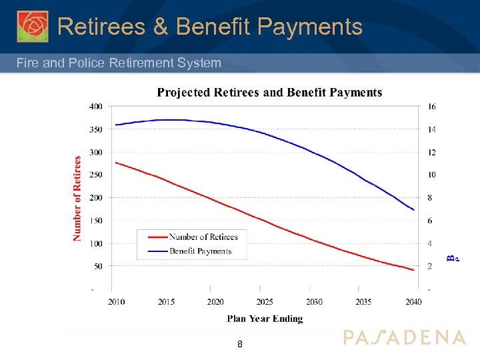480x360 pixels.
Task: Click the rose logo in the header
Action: point(33,26)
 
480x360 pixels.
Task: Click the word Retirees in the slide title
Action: point(111,27)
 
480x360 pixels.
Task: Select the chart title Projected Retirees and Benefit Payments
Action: point(269,93)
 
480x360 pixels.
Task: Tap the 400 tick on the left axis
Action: point(96,107)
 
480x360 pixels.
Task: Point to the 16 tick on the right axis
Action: point(432,107)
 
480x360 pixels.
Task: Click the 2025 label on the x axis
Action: point(265,302)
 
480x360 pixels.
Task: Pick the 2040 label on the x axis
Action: point(413,302)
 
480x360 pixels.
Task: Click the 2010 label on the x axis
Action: point(117,302)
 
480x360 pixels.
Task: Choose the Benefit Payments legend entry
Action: point(200,251)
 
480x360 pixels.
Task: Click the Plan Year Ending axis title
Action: point(265,319)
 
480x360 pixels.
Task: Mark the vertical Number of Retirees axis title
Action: point(77,198)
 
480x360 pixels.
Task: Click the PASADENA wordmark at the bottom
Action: point(404,337)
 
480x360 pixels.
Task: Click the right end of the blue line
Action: point(414,210)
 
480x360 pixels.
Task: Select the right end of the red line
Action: point(414,270)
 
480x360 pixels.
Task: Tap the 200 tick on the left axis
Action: point(96,198)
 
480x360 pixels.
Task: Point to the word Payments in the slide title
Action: point(309,27)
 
